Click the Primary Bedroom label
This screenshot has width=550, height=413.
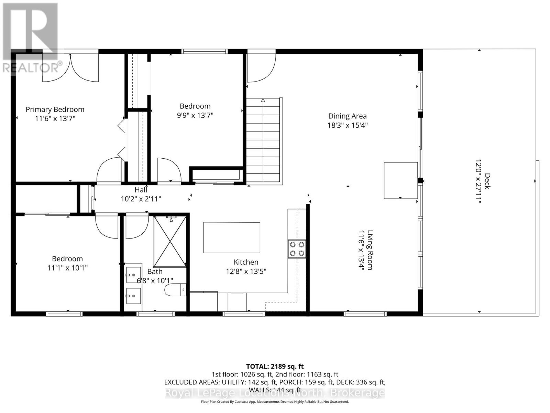(x=55, y=109)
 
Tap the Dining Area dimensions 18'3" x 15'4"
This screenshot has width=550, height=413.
(x=347, y=125)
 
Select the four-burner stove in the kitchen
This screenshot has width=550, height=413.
(x=297, y=249)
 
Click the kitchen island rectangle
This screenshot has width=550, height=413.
(x=232, y=237)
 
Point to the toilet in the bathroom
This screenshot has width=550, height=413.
(x=175, y=290)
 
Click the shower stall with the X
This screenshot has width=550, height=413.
(x=170, y=242)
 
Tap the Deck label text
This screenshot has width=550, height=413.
(x=487, y=181)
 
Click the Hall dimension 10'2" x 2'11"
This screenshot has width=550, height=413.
(x=141, y=199)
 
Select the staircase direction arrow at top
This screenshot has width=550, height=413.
(x=263, y=100)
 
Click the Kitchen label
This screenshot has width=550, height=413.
(x=246, y=262)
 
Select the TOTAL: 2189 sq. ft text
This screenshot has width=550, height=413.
(x=275, y=367)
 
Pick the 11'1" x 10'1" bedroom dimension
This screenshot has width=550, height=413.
(x=67, y=268)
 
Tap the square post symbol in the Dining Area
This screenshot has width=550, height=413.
(x=401, y=180)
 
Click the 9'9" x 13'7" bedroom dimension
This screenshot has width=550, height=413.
(x=195, y=115)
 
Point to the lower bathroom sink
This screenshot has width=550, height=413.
(x=133, y=296)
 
